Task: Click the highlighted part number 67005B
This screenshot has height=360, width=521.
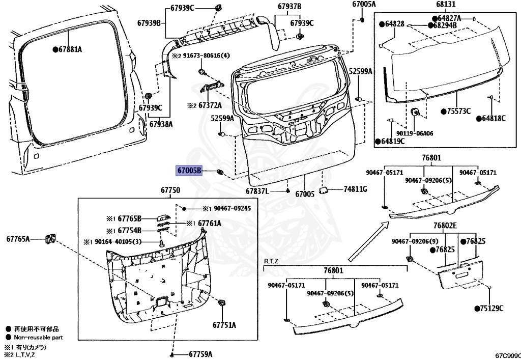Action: coord(189,171)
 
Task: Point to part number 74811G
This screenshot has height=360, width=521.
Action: coord(355,189)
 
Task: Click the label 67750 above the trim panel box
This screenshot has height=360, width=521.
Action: coord(170,190)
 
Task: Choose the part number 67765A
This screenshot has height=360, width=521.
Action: coord(18,238)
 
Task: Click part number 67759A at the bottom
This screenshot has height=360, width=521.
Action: coord(200,354)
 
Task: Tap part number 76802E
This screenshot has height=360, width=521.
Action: coord(445,226)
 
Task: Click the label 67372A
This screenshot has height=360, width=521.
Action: coord(210,105)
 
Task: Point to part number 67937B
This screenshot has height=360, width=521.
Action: coord(290,7)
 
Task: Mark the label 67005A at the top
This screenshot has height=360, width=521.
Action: coord(364,5)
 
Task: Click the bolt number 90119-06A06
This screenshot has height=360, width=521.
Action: coord(415,133)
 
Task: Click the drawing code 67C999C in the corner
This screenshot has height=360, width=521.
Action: coord(508,355)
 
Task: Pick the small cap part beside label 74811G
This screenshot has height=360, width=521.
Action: coord(323,190)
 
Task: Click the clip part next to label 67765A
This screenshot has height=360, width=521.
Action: coord(49,238)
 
